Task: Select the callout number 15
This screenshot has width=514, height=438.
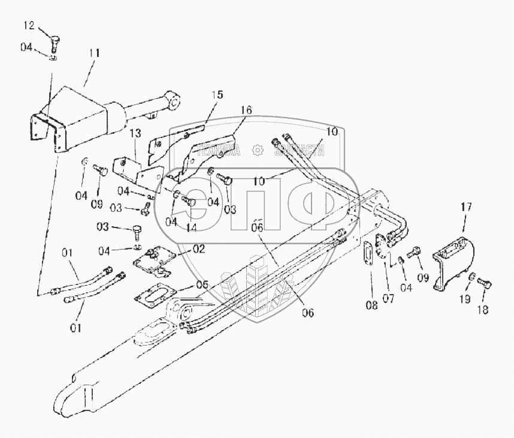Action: (216, 95)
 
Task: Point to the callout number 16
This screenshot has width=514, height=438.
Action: (247, 110)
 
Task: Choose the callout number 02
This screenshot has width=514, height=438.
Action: (198, 248)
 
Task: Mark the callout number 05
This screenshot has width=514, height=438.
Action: (202, 286)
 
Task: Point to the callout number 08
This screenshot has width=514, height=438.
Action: (371, 305)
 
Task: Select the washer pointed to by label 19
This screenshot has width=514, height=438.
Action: (472, 277)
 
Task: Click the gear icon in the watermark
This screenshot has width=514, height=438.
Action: (257, 150)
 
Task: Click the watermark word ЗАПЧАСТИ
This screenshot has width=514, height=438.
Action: (300, 150)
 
